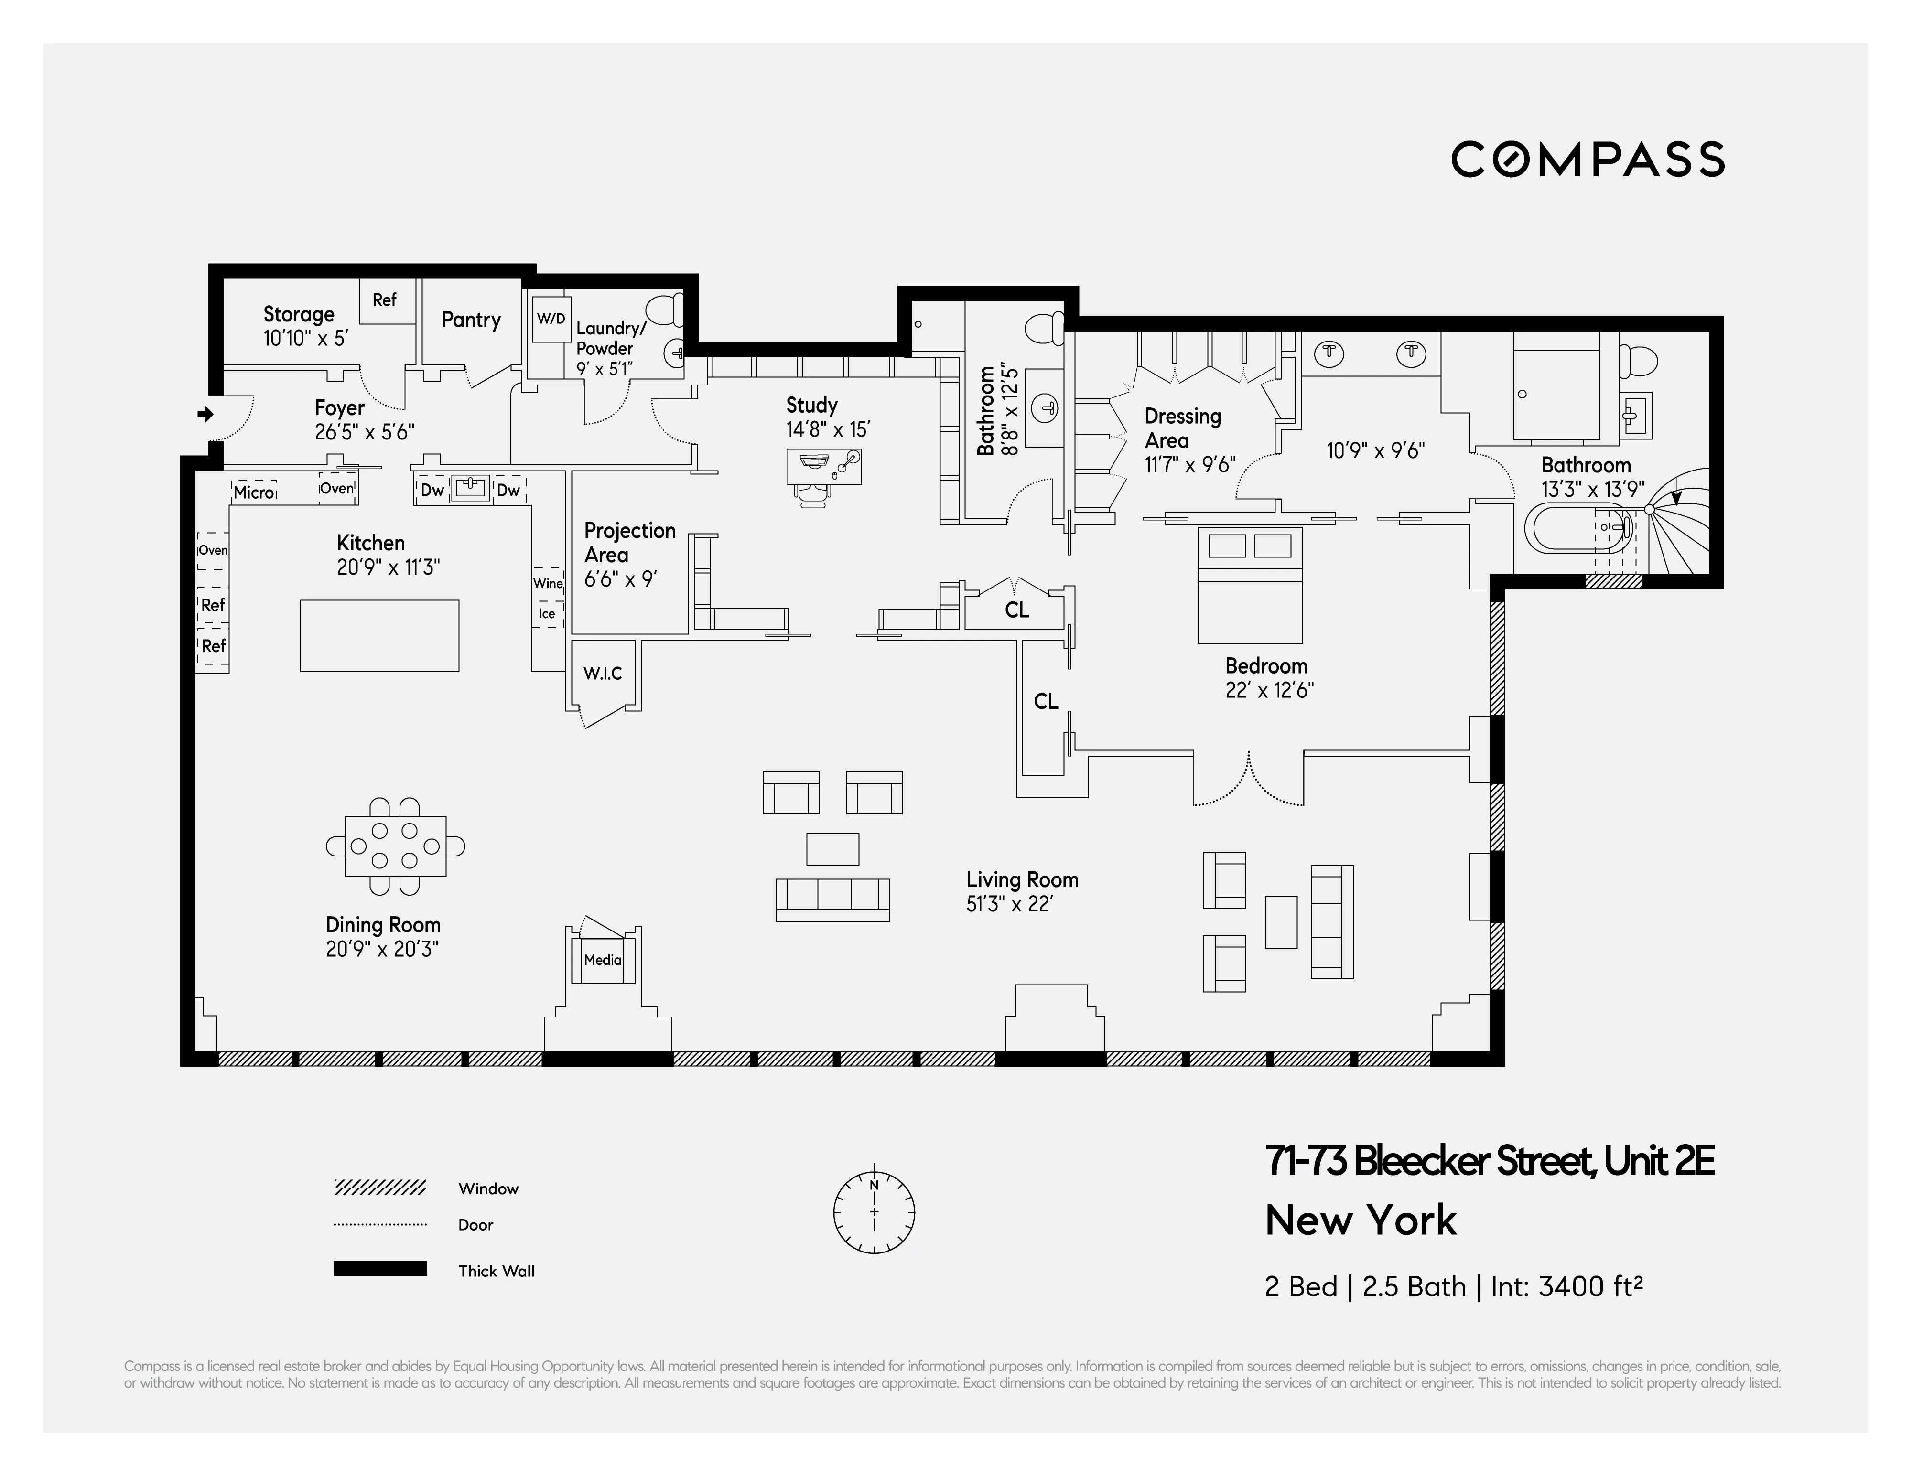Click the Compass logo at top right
(x=1587, y=159)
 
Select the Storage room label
(x=299, y=314)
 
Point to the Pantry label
(x=471, y=320)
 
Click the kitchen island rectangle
(x=379, y=635)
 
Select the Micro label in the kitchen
(x=254, y=492)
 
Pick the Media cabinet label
(x=602, y=960)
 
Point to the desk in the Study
(x=823, y=466)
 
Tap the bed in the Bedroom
(x=1249, y=585)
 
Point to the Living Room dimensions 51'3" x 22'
(x=1008, y=904)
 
